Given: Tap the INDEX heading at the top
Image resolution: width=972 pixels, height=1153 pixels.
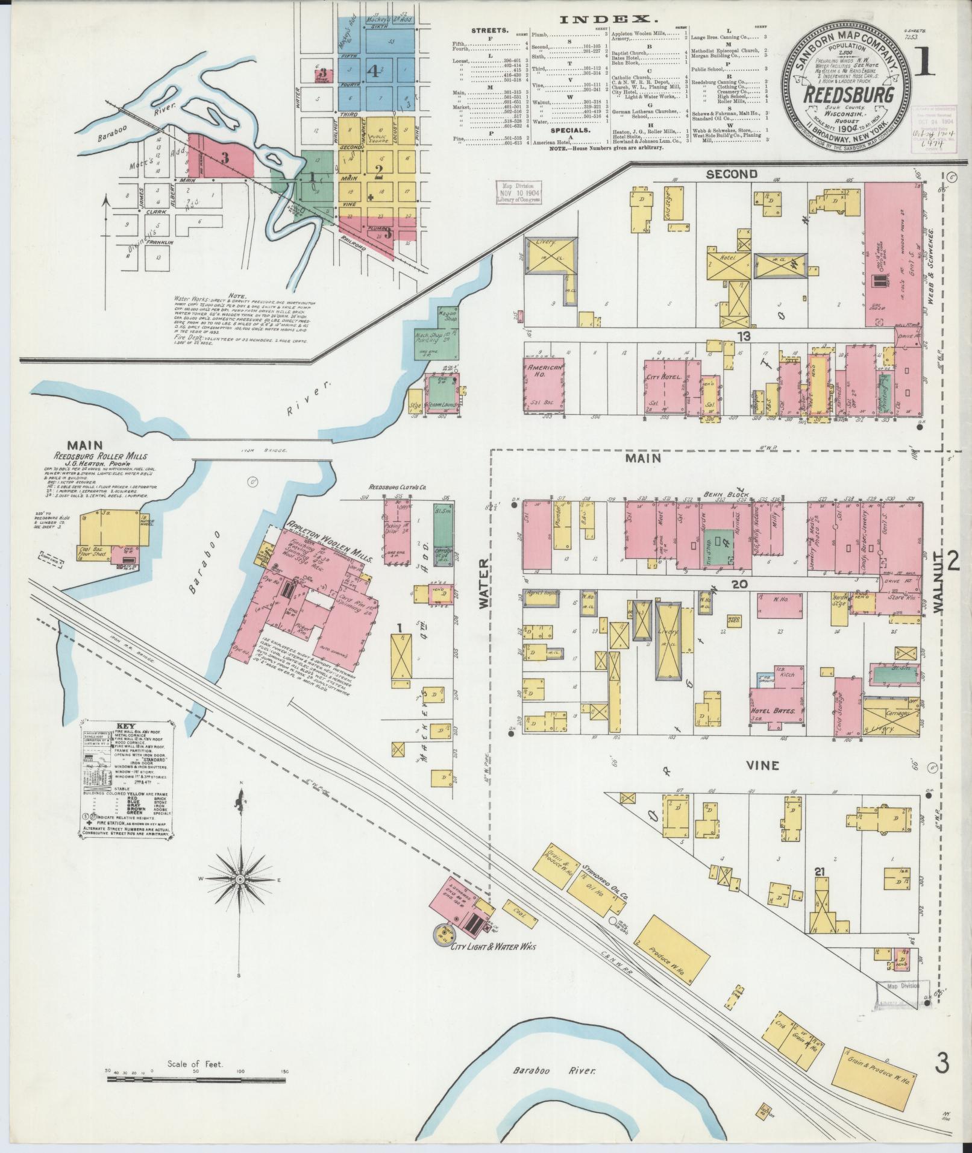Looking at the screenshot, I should pyautogui.click(x=595, y=20).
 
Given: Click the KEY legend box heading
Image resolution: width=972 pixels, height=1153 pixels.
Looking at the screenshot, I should pyautogui.click(x=126, y=726).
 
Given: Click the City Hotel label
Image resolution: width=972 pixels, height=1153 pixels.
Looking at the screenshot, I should pyautogui.click(x=665, y=377).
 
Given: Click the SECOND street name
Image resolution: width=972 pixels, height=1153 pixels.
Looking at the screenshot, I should pyautogui.click(x=732, y=174).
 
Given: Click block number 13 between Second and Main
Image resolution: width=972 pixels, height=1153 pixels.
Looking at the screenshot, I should pyautogui.click(x=744, y=337).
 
